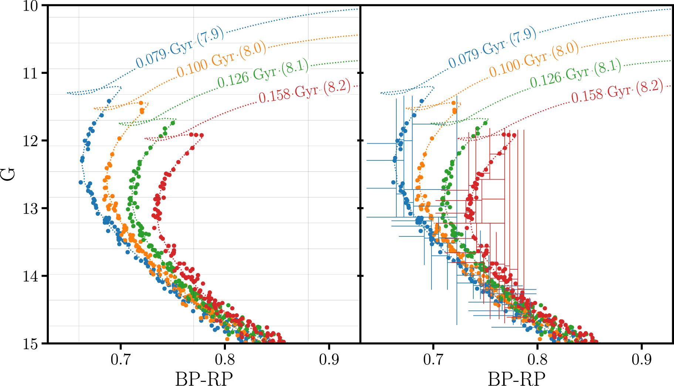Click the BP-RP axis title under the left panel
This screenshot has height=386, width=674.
204,379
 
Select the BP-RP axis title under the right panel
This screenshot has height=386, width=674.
516,379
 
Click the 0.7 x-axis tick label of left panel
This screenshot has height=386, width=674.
121,359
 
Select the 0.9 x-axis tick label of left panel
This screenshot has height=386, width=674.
329,359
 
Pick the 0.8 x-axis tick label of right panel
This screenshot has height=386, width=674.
537,359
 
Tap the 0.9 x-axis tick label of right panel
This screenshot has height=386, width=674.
641,359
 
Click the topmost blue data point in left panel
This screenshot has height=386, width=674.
109,101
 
